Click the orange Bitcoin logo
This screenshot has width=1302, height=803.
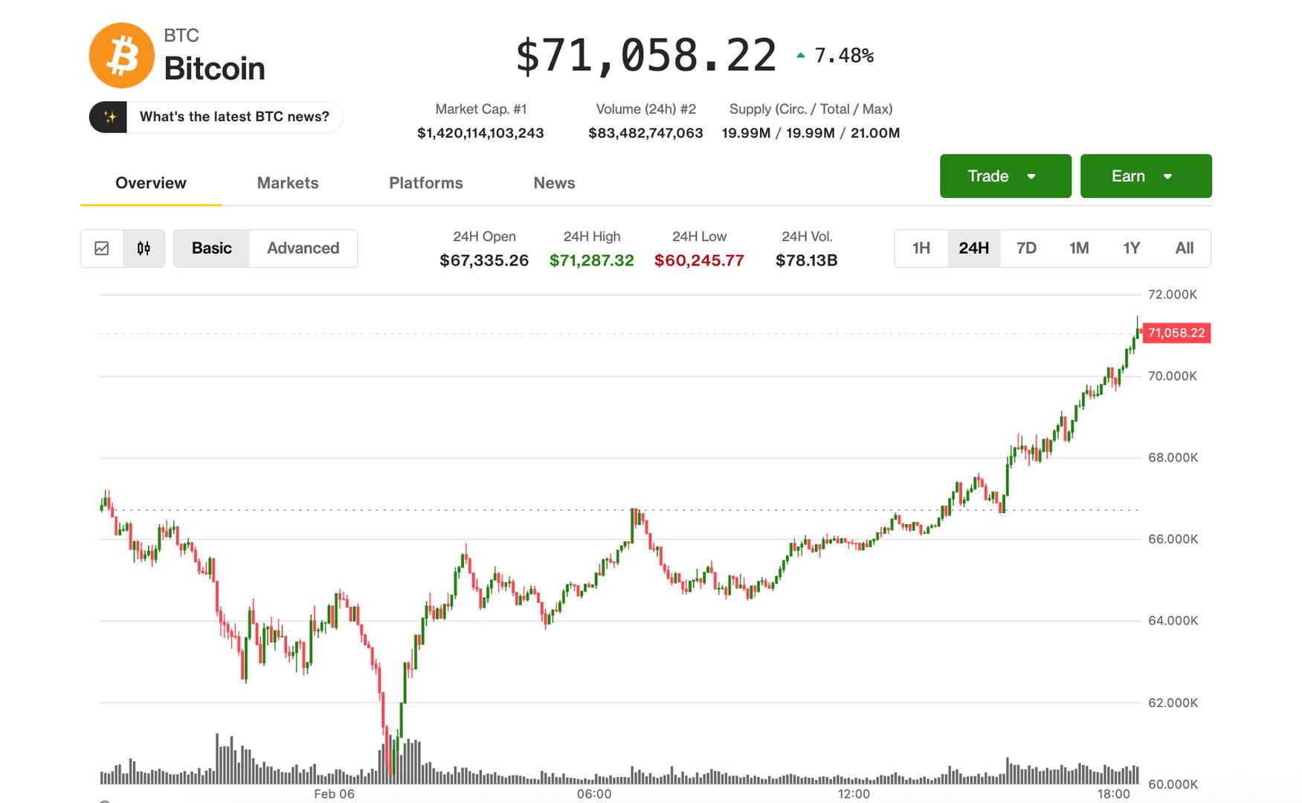pyautogui.click(x=121, y=56)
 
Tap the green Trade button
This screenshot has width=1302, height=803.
pyautogui.click(x=1005, y=176)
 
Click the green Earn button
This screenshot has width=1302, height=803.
pyautogui.click(x=1145, y=176)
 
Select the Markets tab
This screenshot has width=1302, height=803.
pyautogui.click(x=288, y=183)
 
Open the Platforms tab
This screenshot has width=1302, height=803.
pyautogui.click(x=425, y=183)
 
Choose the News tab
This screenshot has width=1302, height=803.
pyautogui.click(x=554, y=183)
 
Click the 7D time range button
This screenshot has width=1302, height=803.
pyautogui.click(x=1026, y=248)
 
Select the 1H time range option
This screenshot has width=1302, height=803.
pyautogui.click(x=921, y=248)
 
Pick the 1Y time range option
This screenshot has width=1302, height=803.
pyautogui.click(x=1131, y=248)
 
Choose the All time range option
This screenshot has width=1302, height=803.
pyautogui.click(x=1184, y=248)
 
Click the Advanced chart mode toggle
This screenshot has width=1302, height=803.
pyautogui.click(x=303, y=248)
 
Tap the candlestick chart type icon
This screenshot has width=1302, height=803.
pyautogui.click(x=144, y=248)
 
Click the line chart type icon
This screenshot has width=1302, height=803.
pyautogui.click(x=102, y=248)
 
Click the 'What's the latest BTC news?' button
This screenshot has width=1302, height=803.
pyautogui.click(x=233, y=117)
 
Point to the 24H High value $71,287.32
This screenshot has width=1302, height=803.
pyautogui.click(x=591, y=261)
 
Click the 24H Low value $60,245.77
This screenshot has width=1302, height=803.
pyautogui.click(x=699, y=261)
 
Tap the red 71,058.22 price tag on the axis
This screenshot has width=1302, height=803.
pyautogui.click(x=1176, y=333)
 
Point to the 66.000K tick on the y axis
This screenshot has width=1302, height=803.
pyautogui.click(x=1173, y=539)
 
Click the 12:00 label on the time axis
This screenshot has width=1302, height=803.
pyautogui.click(x=854, y=794)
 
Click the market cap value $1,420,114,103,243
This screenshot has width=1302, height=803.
pyautogui.click(x=480, y=133)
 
